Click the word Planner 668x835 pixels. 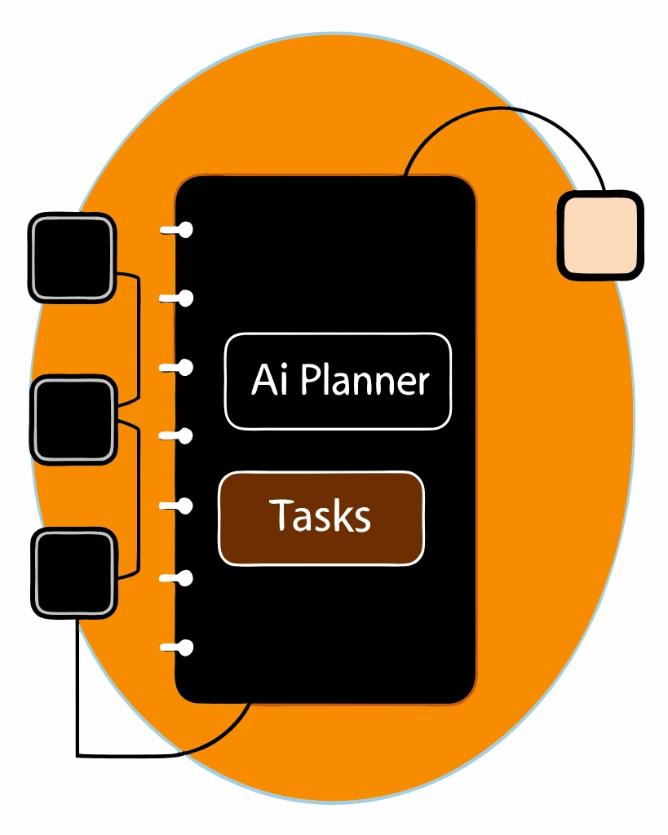coord(365,381)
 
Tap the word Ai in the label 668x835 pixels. coord(269,381)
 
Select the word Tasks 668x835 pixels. coord(321,515)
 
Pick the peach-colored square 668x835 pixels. coord(599,235)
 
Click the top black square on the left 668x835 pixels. coord(71,257)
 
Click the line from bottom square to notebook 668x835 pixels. coord(78,693)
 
